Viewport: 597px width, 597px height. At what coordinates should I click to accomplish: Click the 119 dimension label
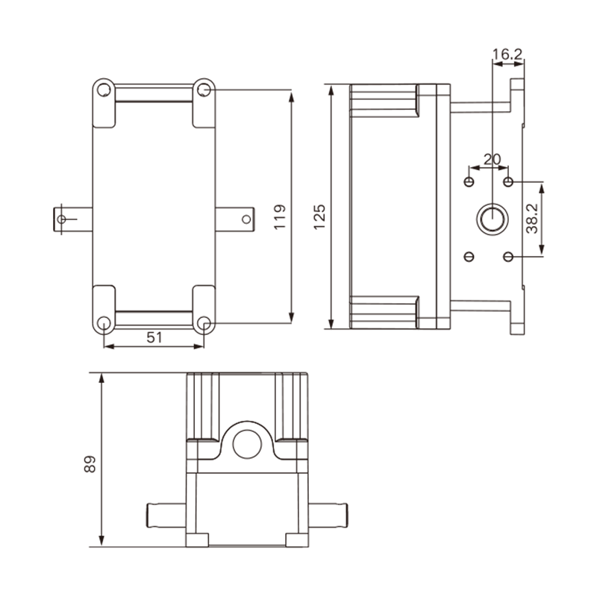click(280, 217)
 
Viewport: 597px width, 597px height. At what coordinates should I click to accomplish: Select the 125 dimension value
click(319, 217)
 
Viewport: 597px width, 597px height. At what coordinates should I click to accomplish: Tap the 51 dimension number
click(154, 337)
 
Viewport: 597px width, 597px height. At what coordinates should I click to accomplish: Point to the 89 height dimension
click(90, 464)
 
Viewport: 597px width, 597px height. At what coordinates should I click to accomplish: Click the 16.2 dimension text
click(507, 54)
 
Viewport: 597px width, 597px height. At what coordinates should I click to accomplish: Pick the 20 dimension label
click(492, 159)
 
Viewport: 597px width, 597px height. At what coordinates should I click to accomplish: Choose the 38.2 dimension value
click(532, 218)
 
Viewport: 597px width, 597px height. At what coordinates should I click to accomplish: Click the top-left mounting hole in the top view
click(104, 90)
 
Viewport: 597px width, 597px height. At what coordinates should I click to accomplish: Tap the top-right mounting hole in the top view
click(204, 90)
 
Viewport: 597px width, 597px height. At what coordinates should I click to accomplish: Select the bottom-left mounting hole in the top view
click(104, 323)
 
